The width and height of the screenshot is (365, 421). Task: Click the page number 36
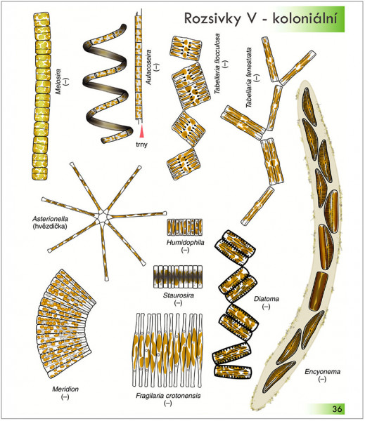pyautogui.click(x=337, y=408)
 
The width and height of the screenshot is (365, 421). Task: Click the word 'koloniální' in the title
pyautogui.click(x=305, y=18)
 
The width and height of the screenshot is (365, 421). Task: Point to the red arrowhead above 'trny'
pyautogui.click(x=141, y=132)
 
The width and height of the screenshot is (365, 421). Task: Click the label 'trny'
pyautogui.click(x=141, y=145)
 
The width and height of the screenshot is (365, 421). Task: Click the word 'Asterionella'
pyautogui.click(x=51, y=219)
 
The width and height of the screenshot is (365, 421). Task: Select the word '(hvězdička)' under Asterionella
pyautogui.click(x=50, y=227)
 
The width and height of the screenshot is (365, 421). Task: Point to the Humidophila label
pyautogui.click(x=186, y=243)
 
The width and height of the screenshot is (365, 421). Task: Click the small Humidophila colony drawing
pyautogui.click(x=185, y=227)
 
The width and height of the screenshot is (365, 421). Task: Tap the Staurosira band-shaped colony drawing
pyautogui.click(x=178, y=277)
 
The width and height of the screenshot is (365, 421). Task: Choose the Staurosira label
pyautogui.click(x=179, y=295)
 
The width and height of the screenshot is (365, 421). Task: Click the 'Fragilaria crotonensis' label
pyautogui.click(x=168, y=396)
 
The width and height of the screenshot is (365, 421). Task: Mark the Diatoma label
pyautogui.click(x=267, y=299)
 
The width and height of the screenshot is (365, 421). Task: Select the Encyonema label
pyautogui.click(x=323, y=372)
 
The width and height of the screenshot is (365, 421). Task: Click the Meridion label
pyautogui.click(x=65, y=389)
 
